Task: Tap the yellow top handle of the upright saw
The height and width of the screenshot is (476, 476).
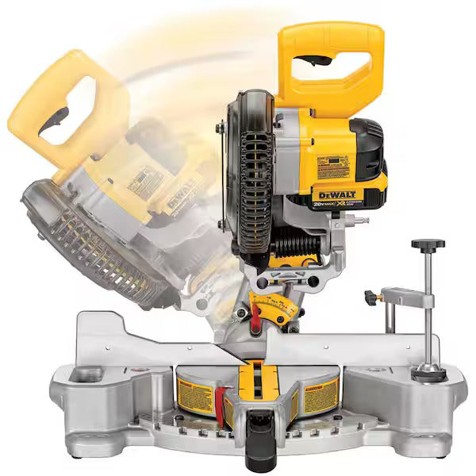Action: point(333,40)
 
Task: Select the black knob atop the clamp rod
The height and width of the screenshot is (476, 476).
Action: point(428,245)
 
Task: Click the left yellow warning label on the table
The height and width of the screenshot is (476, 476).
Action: point(195,395)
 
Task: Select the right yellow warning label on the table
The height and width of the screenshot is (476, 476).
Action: point(321,395)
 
